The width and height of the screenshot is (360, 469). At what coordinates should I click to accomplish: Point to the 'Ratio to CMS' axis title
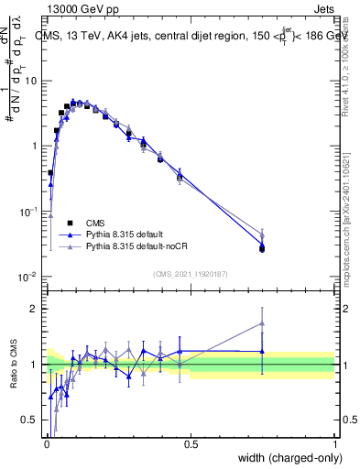(x=13, y=364)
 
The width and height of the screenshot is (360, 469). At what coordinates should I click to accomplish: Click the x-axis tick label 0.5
(x=191, y=444)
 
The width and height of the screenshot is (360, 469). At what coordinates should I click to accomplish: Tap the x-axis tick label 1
(x=335, y=444)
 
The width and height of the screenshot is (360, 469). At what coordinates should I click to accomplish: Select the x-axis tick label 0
(x=47, y=444)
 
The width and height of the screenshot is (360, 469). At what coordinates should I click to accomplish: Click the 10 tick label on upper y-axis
(x=31, y=81)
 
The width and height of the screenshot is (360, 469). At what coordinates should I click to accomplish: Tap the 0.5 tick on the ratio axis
(x=31, y=420)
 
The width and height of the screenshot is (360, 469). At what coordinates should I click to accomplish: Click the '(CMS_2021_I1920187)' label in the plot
(x=191, y=273)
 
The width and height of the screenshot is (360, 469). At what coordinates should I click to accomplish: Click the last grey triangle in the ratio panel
(x=263, y=322)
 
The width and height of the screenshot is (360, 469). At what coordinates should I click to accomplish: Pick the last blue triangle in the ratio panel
(x=263, y=351)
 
